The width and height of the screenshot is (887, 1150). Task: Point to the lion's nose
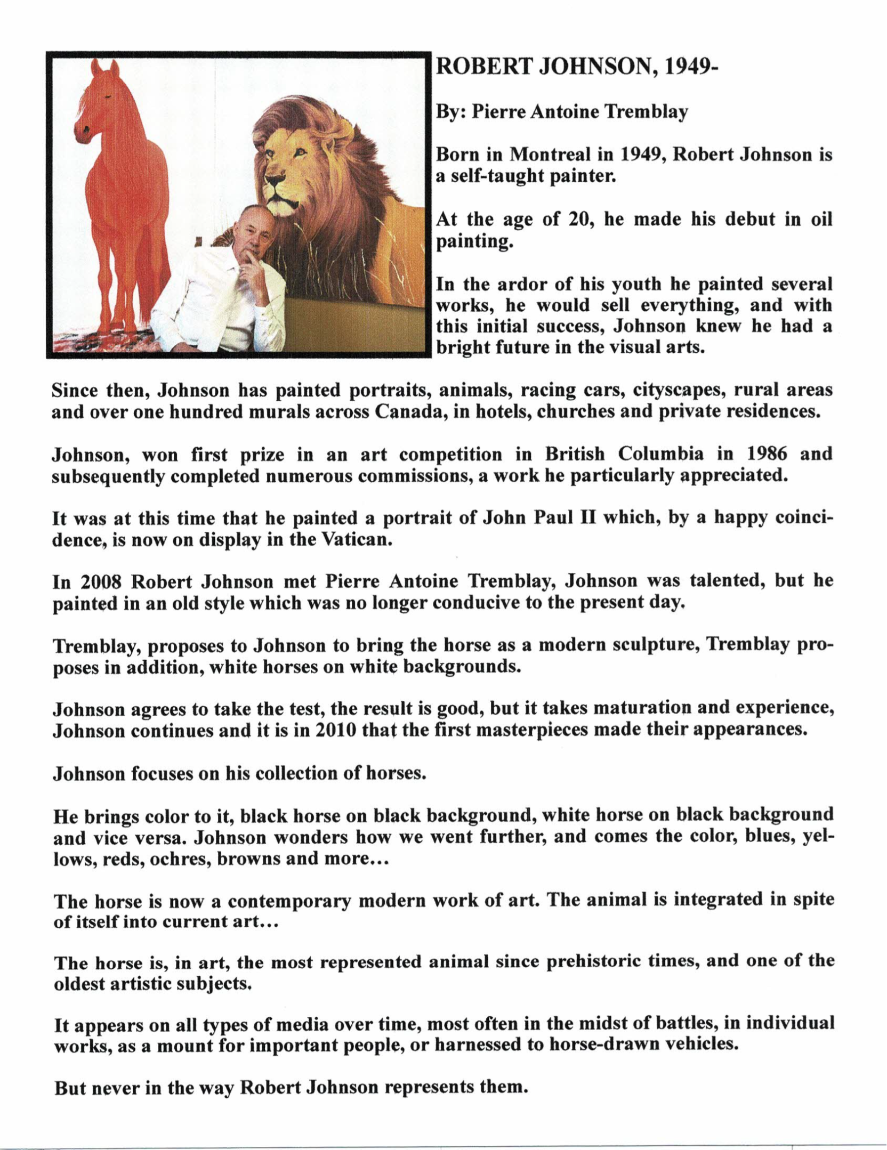(276, 181)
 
